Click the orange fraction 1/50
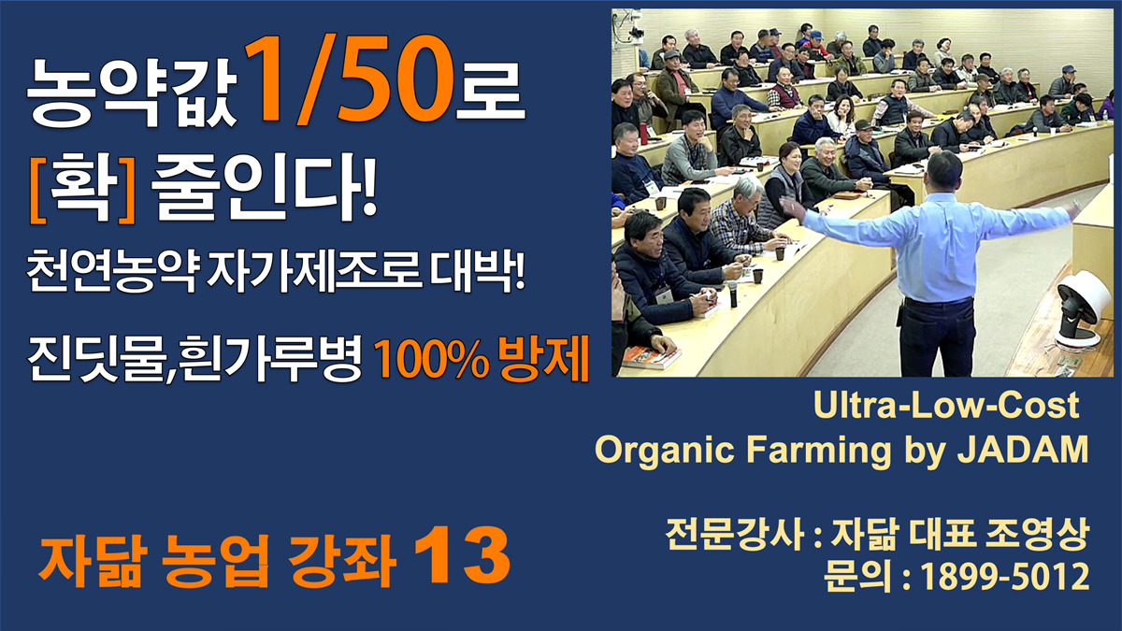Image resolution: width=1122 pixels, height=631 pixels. click(x=349, y=79)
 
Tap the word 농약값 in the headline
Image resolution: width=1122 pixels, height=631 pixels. click(x=131, y=93)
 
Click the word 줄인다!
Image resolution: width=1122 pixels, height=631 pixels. click(x=264, y=186)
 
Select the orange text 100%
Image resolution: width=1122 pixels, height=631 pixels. click(x=432, y=359)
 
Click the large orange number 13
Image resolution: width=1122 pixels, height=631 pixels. click(x=462, y=556)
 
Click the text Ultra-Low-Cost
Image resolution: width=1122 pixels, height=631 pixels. click(x=945, y=405)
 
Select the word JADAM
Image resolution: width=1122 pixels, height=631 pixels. click(x=1022, y=449)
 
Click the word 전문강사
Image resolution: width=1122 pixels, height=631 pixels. click(x=734, y=534)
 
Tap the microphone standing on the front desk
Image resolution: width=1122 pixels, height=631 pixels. click(x=733, y=294)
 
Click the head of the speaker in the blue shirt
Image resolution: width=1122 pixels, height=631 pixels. click(x=944, y=171)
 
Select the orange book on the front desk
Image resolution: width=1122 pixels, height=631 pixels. click(x=651, y=357)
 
